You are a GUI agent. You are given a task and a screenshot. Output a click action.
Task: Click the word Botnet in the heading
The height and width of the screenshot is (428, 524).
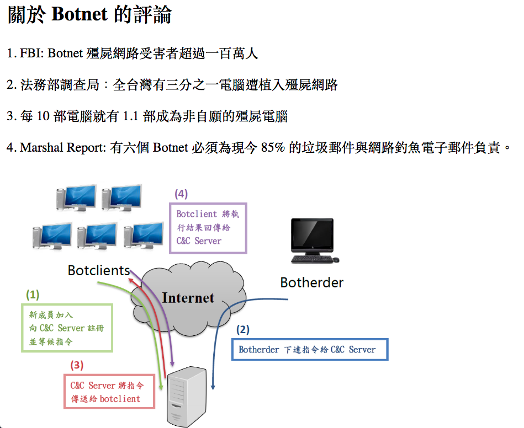pos(79,15)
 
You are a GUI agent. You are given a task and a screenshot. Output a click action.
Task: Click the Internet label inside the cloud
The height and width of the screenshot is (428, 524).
pos(188,298)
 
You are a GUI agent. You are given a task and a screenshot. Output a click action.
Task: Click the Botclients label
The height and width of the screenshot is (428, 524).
pos(98,270)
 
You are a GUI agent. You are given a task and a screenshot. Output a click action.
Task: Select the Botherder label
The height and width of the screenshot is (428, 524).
pos(311,283)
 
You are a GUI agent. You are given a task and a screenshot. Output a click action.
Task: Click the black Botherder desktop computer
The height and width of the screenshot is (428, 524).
pos(313,235)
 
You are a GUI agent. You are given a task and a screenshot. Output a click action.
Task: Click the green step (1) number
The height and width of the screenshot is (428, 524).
pos(33,295)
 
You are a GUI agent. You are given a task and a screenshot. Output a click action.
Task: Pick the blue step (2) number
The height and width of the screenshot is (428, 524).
pos(243,330)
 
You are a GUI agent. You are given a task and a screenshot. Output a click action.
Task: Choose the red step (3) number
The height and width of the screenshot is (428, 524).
pos(77,365)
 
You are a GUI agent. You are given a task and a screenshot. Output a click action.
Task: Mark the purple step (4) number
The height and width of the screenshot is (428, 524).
pos(181,194)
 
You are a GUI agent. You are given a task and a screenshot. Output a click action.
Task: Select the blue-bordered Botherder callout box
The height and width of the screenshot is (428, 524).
pos(310,350)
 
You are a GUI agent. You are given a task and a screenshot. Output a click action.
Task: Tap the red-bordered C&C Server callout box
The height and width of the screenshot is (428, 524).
pos(108,392)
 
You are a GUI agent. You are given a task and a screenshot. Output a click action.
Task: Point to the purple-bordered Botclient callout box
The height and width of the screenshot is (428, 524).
pos(208,227)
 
